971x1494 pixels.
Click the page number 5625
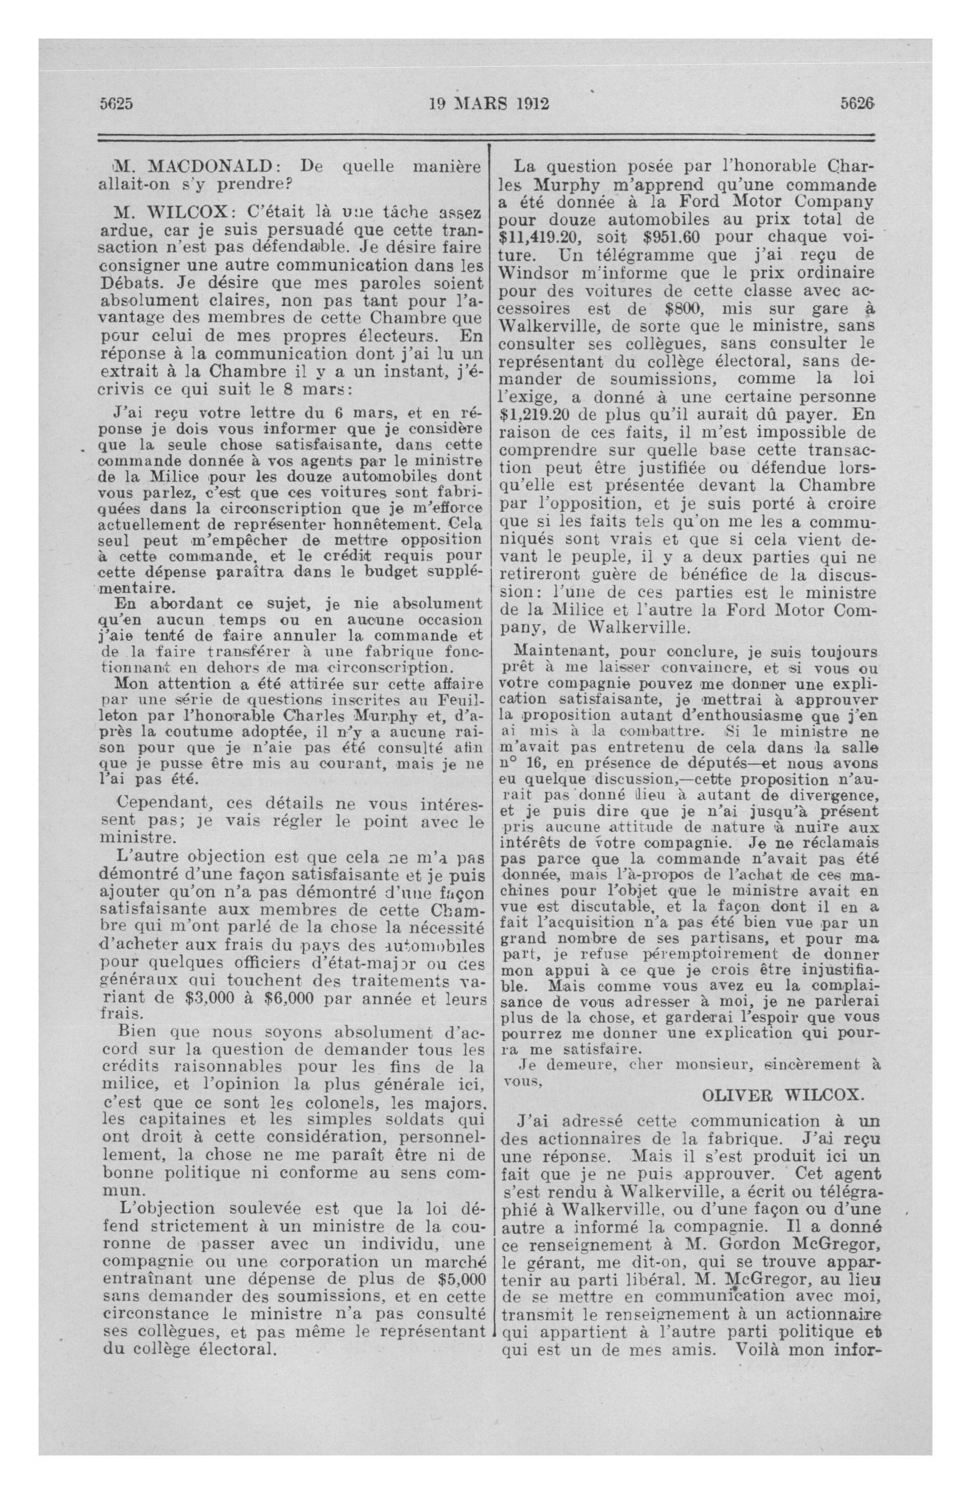[117, 104]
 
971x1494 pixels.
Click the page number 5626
[857, 104]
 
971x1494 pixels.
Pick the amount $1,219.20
[542, 415]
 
